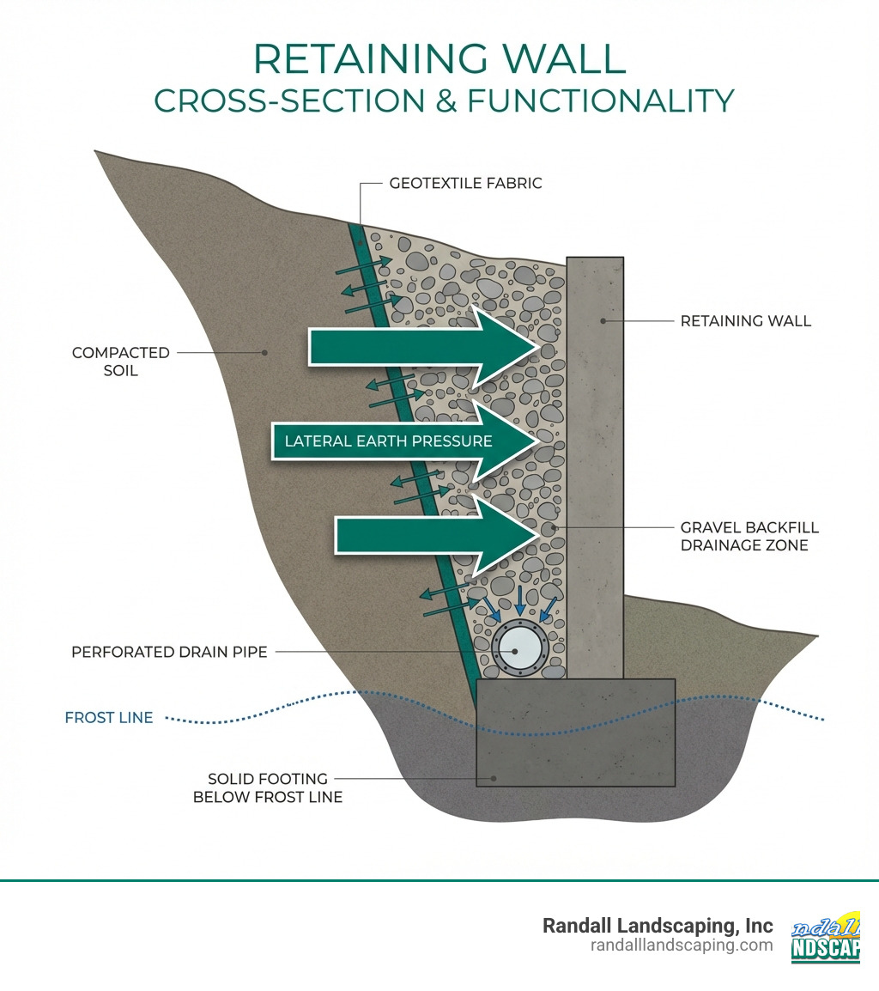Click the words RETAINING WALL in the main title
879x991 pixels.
[439, 60]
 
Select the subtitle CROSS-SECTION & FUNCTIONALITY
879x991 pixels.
[444, 100]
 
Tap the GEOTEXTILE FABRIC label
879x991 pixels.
[465, 183]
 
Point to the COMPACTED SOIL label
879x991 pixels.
[121, 362]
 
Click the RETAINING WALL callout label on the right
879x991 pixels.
[745, 321]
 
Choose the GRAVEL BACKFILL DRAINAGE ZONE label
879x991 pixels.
[749, 536]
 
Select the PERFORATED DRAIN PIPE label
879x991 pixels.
[169, 652]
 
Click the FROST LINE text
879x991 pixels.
[109, 718]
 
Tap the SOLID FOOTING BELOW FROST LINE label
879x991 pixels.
[268, 787]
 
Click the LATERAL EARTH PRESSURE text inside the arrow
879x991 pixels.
[388, 441]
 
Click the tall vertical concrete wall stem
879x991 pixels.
[594, 464]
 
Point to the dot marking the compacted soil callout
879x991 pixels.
[265, 352]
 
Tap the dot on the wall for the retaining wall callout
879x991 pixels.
[603, 321]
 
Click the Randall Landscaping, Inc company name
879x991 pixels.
[658, 926]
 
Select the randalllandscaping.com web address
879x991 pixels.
[682, 945]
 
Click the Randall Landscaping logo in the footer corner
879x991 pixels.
[825, 937]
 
